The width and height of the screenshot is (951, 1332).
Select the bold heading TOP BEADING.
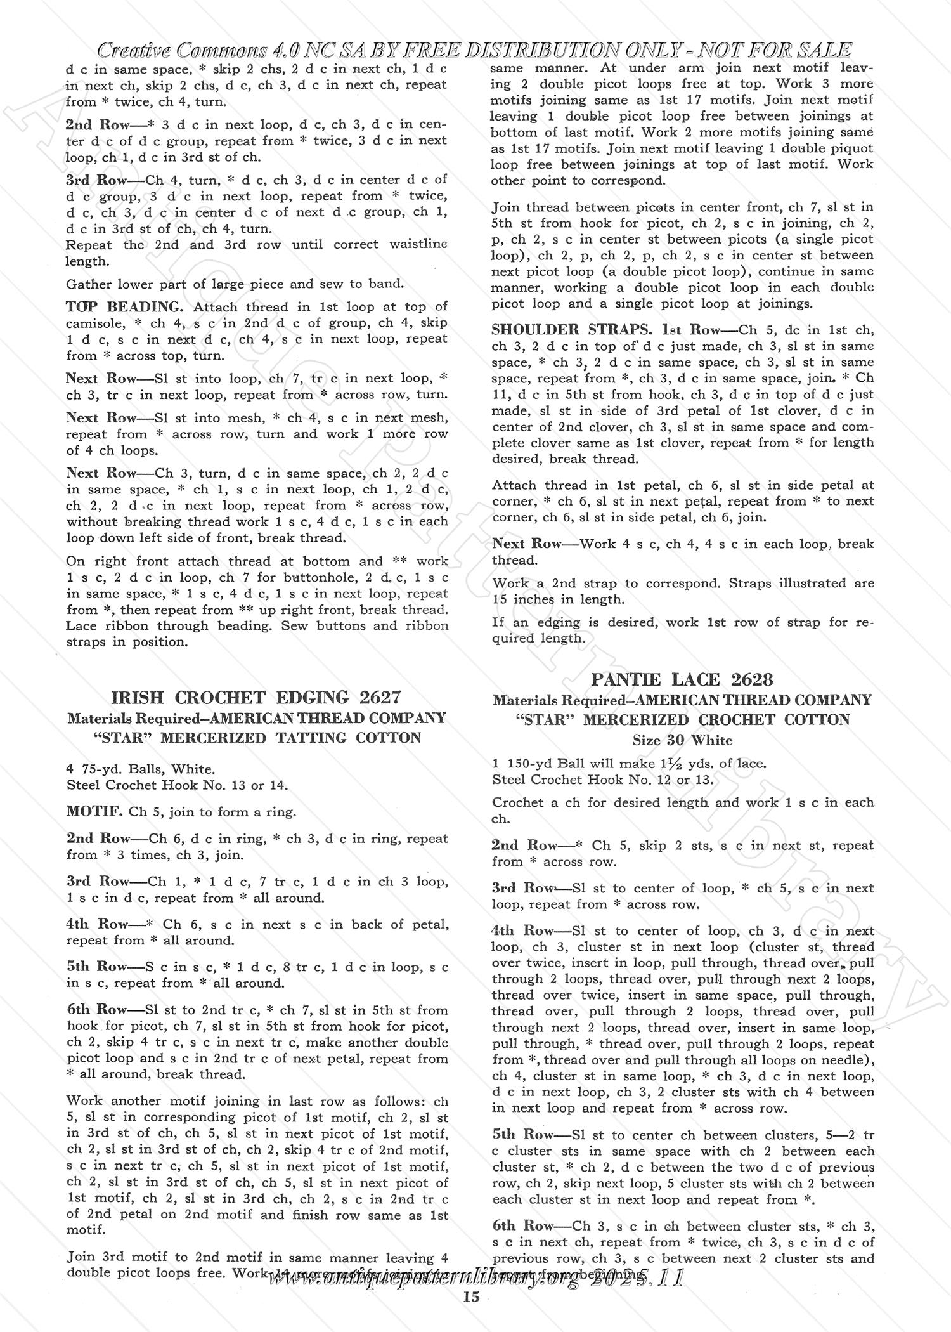point(124,307)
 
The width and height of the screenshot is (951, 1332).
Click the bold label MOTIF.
point(94,811)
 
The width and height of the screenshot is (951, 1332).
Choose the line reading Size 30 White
point(682,740)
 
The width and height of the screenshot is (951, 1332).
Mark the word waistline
point(415,244)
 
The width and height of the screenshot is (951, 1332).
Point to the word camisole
point(91,323)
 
